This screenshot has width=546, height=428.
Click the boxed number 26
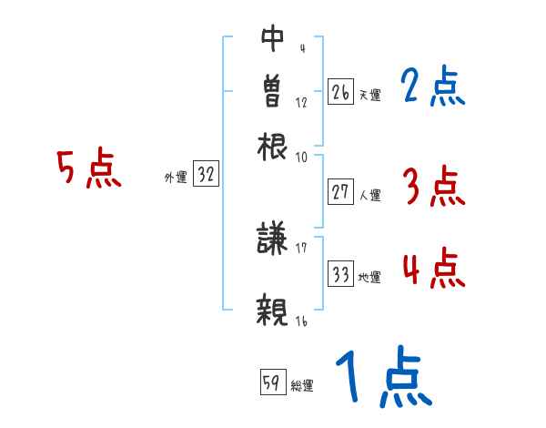click(x=340, y=92)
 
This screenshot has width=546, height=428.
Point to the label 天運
click(x=369, y=95)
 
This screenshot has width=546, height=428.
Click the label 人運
click(x=369, y=195)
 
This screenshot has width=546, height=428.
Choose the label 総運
click(x=302, y=386)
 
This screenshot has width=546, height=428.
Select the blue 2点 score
click(x=432, y=87)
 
